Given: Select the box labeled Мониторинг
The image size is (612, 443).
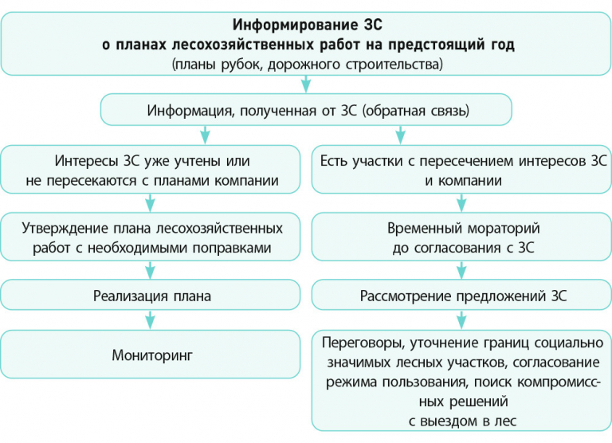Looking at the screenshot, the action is click(151, 354).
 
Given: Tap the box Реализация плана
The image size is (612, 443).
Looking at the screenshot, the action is click(151, 295).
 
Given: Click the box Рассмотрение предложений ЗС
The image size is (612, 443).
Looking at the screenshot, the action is click(461, 295).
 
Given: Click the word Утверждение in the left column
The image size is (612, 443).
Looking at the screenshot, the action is click(65, 229).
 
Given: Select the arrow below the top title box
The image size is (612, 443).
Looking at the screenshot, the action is click(306, 84).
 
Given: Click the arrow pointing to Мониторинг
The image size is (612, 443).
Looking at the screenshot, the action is click(151, 320).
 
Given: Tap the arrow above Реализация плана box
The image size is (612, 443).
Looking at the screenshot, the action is click(151, 270).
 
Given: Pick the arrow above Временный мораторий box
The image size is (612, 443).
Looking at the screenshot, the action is click(461, 203).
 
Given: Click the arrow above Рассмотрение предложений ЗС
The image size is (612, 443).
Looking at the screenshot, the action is click(461, 270).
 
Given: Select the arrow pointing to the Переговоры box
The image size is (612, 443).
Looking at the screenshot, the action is click(461, 320).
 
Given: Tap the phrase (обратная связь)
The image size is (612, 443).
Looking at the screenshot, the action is click(416, 111).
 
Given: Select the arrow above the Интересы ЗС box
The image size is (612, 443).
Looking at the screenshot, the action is click(205, 135).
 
